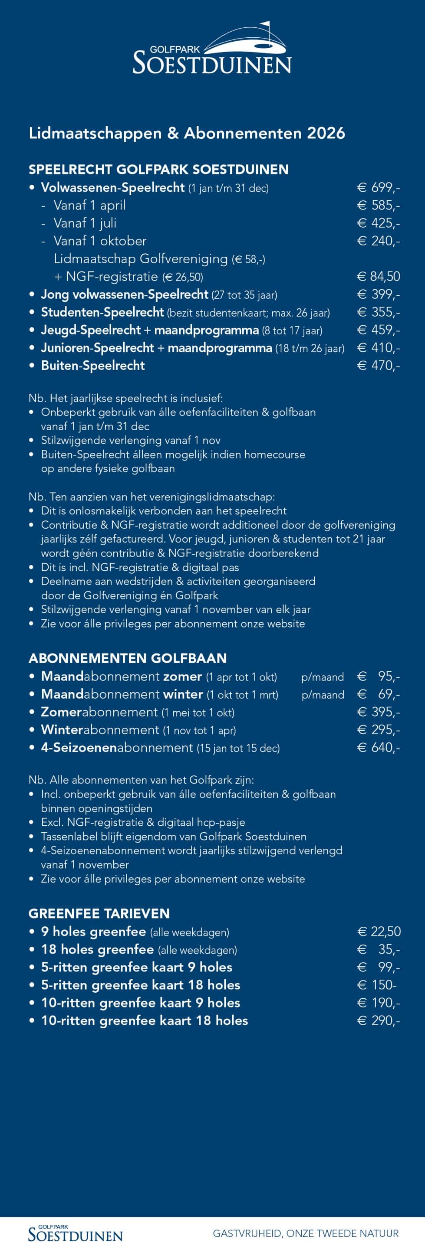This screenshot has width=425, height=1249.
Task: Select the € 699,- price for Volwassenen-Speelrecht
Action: (379, 188)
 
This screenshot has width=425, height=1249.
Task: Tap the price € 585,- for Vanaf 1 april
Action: (379, 205)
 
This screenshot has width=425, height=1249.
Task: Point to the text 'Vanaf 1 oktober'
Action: (100, 241)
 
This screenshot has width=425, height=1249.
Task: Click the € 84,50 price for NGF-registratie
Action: (379, 276)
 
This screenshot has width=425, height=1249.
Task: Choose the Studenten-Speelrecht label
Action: (102, 312)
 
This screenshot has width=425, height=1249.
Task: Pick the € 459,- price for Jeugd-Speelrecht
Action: (379, 330)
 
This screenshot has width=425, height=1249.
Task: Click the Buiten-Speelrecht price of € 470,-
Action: (379, 366)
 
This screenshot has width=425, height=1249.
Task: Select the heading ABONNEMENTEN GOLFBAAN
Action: (128, 658)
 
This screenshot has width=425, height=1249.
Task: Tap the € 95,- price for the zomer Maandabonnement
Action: (379, 677)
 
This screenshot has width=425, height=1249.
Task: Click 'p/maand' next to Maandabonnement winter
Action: (323, 695)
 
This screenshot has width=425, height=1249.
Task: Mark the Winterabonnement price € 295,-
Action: (379, 730)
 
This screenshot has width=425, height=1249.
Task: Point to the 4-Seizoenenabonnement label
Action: (117, 748)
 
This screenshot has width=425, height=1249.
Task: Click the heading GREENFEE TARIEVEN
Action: (99, 913)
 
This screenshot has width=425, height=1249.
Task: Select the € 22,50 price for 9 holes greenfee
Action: (379, 932)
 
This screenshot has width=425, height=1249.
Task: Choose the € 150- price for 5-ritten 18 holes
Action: (377, 985)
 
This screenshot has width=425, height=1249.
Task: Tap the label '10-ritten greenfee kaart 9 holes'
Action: (141, 1003)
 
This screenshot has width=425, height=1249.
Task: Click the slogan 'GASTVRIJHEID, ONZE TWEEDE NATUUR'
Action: (306, 1233)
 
